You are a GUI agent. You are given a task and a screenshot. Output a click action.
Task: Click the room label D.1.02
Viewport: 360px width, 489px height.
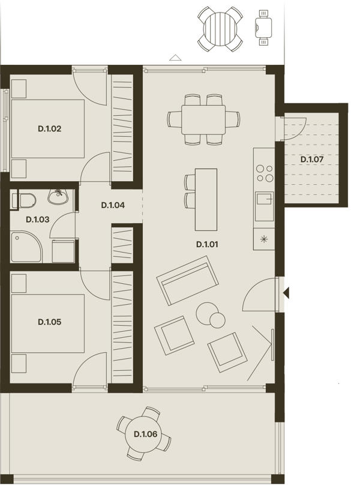point(50,128)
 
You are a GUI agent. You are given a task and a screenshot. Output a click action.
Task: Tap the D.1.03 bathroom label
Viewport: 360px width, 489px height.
point(37,220)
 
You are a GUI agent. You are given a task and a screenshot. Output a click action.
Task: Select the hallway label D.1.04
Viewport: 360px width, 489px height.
point(113,205)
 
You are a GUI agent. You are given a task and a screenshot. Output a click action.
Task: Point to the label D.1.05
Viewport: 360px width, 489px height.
point(50,322)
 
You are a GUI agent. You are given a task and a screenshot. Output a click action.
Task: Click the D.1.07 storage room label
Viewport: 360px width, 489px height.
point(311,160)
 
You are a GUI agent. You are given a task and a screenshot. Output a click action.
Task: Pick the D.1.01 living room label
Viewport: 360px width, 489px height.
point(207,245)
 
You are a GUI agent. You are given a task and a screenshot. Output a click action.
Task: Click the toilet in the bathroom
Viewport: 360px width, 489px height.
point(24,200)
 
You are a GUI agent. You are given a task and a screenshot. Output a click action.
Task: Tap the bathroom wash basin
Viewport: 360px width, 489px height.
point(58,197)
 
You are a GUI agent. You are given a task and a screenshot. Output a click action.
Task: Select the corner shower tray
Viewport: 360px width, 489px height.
point(26,247)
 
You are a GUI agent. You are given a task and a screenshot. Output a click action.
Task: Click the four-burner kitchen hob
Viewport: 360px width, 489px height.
point(265,173)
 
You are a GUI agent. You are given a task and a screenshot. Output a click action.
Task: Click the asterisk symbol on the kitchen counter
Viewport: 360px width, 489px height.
point(264,239)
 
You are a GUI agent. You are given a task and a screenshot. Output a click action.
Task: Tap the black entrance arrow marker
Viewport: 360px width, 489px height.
point(286,293)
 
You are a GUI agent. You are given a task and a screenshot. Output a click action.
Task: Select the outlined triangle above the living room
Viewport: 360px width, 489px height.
point(175,58)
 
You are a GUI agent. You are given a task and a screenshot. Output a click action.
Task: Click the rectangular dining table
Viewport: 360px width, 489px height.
point(203,119)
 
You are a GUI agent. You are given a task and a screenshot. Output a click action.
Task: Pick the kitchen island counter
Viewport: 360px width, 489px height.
point(206,200)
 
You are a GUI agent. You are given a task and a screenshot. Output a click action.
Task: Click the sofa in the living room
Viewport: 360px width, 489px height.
point(187,281)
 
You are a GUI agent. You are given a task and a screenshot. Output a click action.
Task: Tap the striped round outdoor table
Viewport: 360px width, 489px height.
point(220,29)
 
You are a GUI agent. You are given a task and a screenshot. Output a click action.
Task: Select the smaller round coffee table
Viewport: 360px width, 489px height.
point(217,320)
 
